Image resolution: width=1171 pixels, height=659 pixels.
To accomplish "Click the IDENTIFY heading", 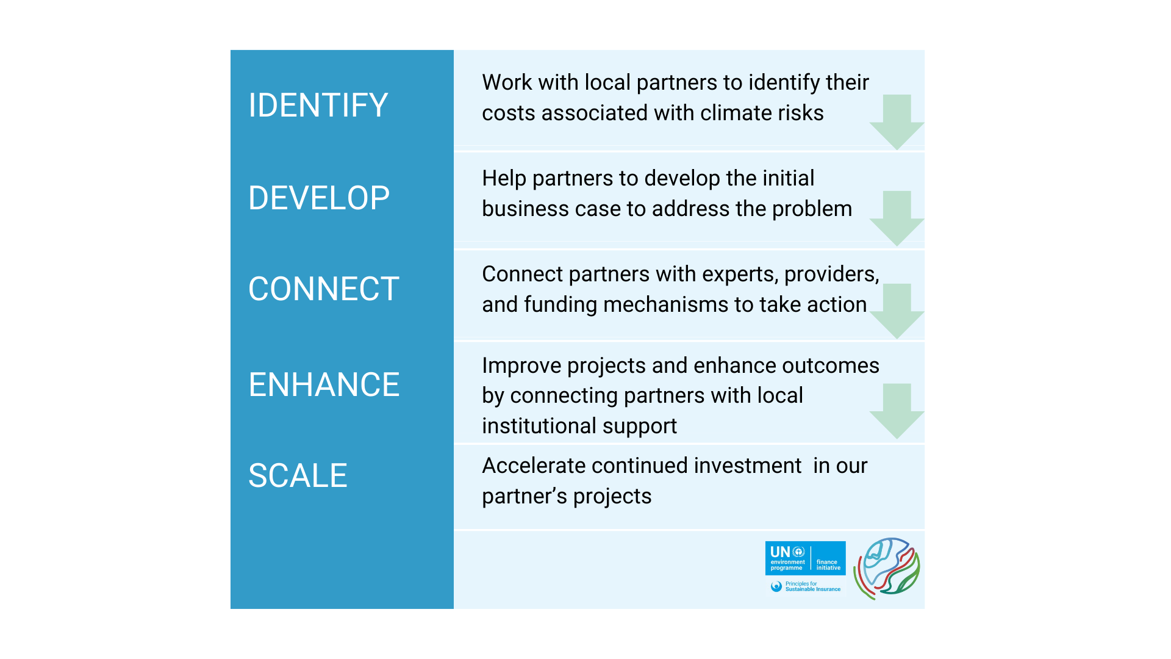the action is click(318, 105).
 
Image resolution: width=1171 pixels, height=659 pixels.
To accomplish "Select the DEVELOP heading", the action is click(319, 198).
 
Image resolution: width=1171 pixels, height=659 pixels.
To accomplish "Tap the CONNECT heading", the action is click(324, 289).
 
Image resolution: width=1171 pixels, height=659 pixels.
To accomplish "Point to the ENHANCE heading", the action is click(324, 384).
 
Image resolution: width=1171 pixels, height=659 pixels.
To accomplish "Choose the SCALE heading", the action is click(298, 475).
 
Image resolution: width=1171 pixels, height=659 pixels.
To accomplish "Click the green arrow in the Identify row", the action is click(897, 122).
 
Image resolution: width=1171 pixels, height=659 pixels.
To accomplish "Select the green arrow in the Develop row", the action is click(897, 218).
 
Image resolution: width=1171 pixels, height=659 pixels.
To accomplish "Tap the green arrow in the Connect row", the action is click(897, 311).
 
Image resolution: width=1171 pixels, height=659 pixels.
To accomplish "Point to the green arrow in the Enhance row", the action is click(897, 411).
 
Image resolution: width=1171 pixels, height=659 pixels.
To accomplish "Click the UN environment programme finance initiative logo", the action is click(805, 558).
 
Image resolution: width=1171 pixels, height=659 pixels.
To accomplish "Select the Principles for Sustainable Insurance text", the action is click(812, 586).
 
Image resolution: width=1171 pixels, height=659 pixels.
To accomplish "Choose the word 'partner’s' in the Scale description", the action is click(525, 497).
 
